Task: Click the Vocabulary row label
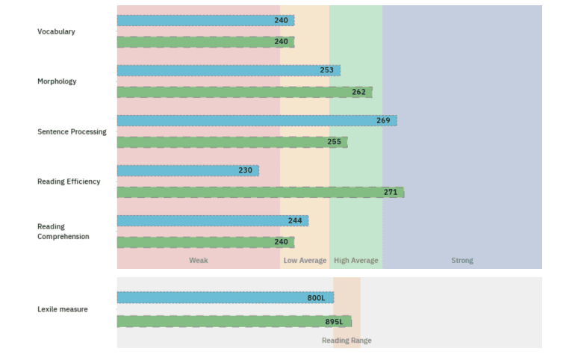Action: pyautogui.click(x=56, y=31)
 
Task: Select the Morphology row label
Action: pyautogui.click(x=57, y=81)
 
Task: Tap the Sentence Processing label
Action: pyautogui.click(x=72, y=131)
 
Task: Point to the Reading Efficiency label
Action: pyautogui.click(x=69, y=181)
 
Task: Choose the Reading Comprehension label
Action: pyautogui.click(x=63, y=232)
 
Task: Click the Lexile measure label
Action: pyautogui.click(x=63, y=309)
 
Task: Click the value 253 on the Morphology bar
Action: pyautogui.click(x=326, y=70)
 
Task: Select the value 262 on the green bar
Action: pyautogui.click(x=358, y=92)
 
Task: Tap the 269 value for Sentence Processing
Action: pyautogui.click(x=383, y=120)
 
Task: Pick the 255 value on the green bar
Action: pyautogui.click(x=334, y=142)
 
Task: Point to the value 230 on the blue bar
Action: pyautogui.click(x=245, y=170)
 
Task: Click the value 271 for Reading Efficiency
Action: pyautogui.click(x=390, y=192)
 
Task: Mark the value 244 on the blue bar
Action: pyautogui.click(x=295, y=220)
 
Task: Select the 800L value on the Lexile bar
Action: pyautogui.click(x=316, y=298)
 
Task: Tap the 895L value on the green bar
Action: pyautogui.click(x=334, y=322)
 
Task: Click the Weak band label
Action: pyautogui.click(x=198, y=261)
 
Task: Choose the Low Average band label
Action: pyautogui.click(x=305, y=261)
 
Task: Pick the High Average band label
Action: pyautogui.click(x=355, y=261)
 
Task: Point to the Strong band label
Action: pyautogui.click(x=462, y=261)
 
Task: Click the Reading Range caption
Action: pyautogui.click(x=347, y=341)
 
